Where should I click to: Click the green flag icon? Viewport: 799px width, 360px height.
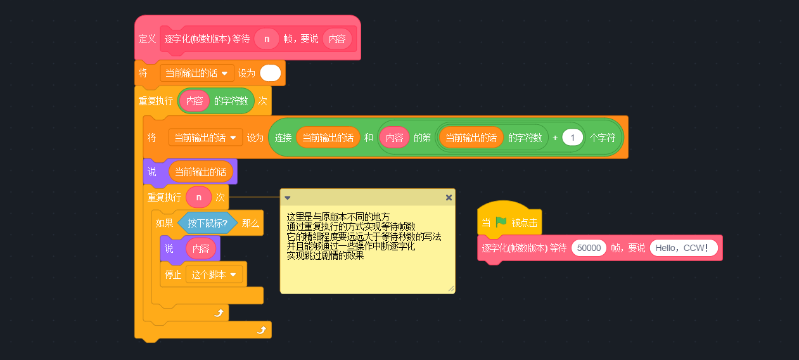tap(501, 222)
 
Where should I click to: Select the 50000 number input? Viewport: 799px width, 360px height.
tap(589, 248)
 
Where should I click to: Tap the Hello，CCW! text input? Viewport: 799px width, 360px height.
tap(684, 248)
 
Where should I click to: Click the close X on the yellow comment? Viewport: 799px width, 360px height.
tap(449, 197)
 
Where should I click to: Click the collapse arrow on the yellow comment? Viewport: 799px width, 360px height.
tap(287, 198)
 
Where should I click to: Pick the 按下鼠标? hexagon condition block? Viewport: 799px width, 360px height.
tap(207, 223)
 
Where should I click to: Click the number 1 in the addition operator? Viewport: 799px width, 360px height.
tap(572, 138)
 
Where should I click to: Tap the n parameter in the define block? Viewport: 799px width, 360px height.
tap(267, 39)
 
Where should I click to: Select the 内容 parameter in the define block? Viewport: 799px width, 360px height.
tap(336, 39)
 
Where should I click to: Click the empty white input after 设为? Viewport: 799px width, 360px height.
tap(270, 73)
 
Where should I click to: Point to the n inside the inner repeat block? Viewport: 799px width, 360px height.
tap(199, 197)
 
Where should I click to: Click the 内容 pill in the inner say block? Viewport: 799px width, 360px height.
tap(201, 248)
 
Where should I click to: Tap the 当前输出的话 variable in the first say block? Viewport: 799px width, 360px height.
tap(200, 172)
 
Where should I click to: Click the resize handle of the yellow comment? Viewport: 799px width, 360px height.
tap(451, 289)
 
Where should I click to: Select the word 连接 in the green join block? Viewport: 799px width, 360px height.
tap(283, 138)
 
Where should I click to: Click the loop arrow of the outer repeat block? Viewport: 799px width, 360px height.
tap(260, 330)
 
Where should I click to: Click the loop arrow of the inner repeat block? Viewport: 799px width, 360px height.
tap(218, 312)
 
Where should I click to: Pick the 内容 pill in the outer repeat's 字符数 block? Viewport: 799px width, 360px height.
tap(194, 101)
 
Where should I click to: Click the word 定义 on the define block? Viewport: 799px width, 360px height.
tap(147, 39)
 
